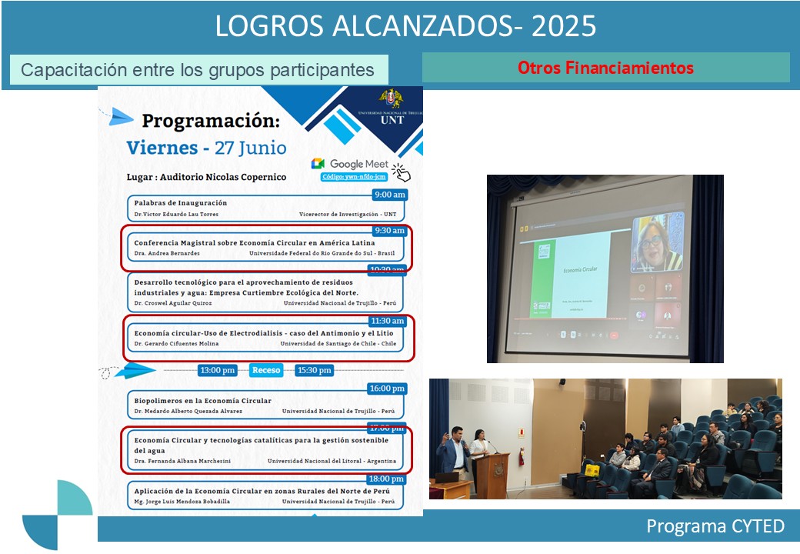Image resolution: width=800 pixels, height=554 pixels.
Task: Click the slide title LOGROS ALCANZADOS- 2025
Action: point(405,26)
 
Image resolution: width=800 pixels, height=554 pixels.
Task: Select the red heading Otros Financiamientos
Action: point(605,68)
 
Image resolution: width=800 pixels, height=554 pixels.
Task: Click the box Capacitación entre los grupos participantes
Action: point(198,70)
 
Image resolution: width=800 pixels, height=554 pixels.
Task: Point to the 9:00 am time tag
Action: point(388,195)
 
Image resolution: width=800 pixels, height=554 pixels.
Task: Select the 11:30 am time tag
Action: point(388,320)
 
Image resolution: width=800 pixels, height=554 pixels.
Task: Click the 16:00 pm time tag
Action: point(387,389)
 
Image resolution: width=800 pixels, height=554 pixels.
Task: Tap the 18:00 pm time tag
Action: point(387,479)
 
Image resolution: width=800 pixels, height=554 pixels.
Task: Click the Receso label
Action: point(266,370)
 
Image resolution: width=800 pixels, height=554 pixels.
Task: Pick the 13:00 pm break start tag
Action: point(218,370)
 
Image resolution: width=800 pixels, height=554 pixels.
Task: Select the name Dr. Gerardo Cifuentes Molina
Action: point(176,343)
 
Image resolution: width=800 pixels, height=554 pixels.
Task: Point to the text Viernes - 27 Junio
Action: point(206,148)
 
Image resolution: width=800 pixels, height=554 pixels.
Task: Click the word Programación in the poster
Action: point(211,121)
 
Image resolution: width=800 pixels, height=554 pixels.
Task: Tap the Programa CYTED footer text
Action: point(715,526)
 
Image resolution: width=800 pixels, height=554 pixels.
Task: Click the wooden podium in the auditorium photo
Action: point(492,473)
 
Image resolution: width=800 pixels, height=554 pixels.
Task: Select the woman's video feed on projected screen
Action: point(657,242)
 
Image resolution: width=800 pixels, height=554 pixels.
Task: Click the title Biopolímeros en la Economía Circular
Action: point(202,401)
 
